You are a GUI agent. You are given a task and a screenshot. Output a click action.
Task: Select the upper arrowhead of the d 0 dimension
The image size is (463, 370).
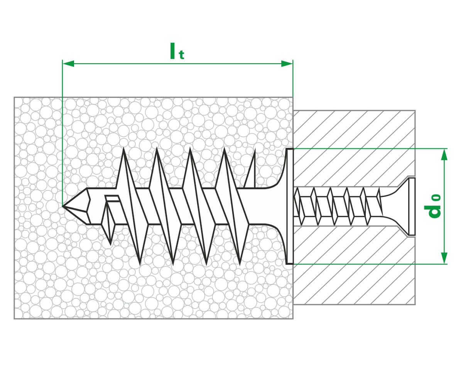click(444, 154)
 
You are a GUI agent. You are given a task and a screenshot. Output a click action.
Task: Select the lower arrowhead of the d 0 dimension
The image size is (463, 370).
click(444, 258)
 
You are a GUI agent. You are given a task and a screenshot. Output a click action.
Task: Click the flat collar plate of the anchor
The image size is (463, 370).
click(290, 206)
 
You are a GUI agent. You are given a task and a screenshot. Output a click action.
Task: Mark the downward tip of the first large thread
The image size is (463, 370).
click(140, 264)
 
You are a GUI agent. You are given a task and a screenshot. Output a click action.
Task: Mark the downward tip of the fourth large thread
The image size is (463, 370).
click(240, 264)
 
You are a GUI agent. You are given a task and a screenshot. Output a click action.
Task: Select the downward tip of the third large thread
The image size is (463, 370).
click(206, 264)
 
